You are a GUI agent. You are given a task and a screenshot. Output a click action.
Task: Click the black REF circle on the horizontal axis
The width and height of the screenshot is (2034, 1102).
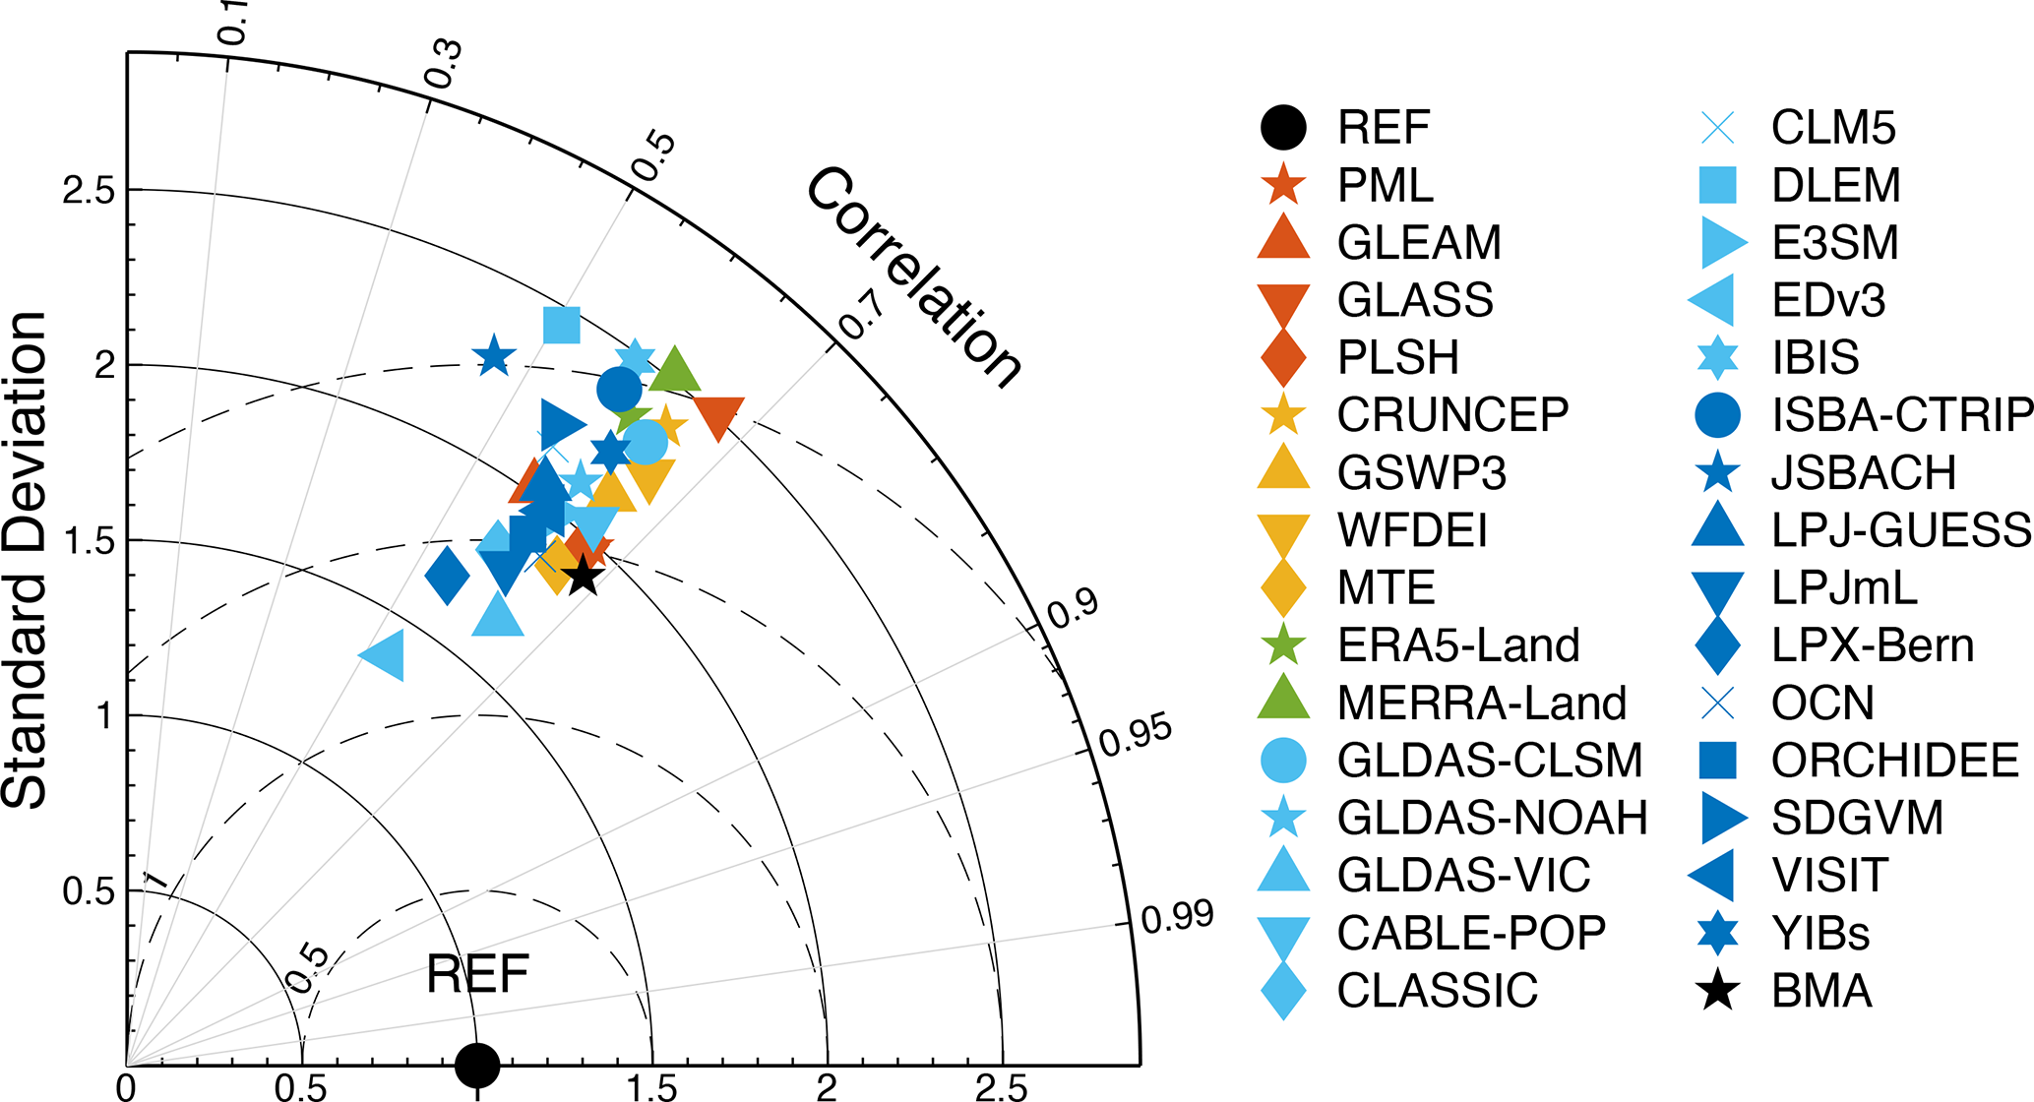coord(477,1064)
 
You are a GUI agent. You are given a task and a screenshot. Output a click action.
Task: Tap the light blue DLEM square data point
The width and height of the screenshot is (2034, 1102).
coord(562,325)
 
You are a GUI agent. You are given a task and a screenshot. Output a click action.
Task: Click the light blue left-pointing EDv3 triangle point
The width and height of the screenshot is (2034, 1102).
coord(384,655)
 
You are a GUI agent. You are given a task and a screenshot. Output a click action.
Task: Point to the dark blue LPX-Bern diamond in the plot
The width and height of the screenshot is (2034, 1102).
coord(447,575)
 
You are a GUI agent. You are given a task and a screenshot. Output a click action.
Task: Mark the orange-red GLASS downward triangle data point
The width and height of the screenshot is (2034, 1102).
coord(718,417)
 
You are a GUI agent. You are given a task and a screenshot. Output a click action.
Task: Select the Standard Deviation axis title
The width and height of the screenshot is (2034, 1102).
coord(26,560)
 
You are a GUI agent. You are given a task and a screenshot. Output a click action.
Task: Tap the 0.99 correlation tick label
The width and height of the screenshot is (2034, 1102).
coord(1177,917)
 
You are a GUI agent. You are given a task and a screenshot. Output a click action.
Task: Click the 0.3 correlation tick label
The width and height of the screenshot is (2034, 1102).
coord(443,63)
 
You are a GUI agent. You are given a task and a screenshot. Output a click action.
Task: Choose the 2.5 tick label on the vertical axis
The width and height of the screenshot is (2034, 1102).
coord(89,190)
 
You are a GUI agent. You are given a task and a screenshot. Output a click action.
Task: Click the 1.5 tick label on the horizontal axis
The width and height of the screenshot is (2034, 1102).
coord(653,1087)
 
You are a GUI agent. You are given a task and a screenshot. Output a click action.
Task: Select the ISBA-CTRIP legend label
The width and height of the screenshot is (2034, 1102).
coord(1901,415)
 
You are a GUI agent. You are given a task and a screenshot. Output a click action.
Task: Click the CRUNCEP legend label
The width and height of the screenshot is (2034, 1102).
coord(1452,415)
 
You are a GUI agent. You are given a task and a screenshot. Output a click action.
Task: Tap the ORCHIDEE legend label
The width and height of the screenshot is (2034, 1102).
coord(1895,761)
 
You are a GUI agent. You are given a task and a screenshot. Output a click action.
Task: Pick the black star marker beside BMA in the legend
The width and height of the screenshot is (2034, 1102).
coord(1718,990)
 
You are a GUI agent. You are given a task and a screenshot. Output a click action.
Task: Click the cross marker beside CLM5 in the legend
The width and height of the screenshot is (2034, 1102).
coord(1718,128)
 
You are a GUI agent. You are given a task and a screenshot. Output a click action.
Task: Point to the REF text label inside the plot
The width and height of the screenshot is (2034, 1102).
coord(477,975)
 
